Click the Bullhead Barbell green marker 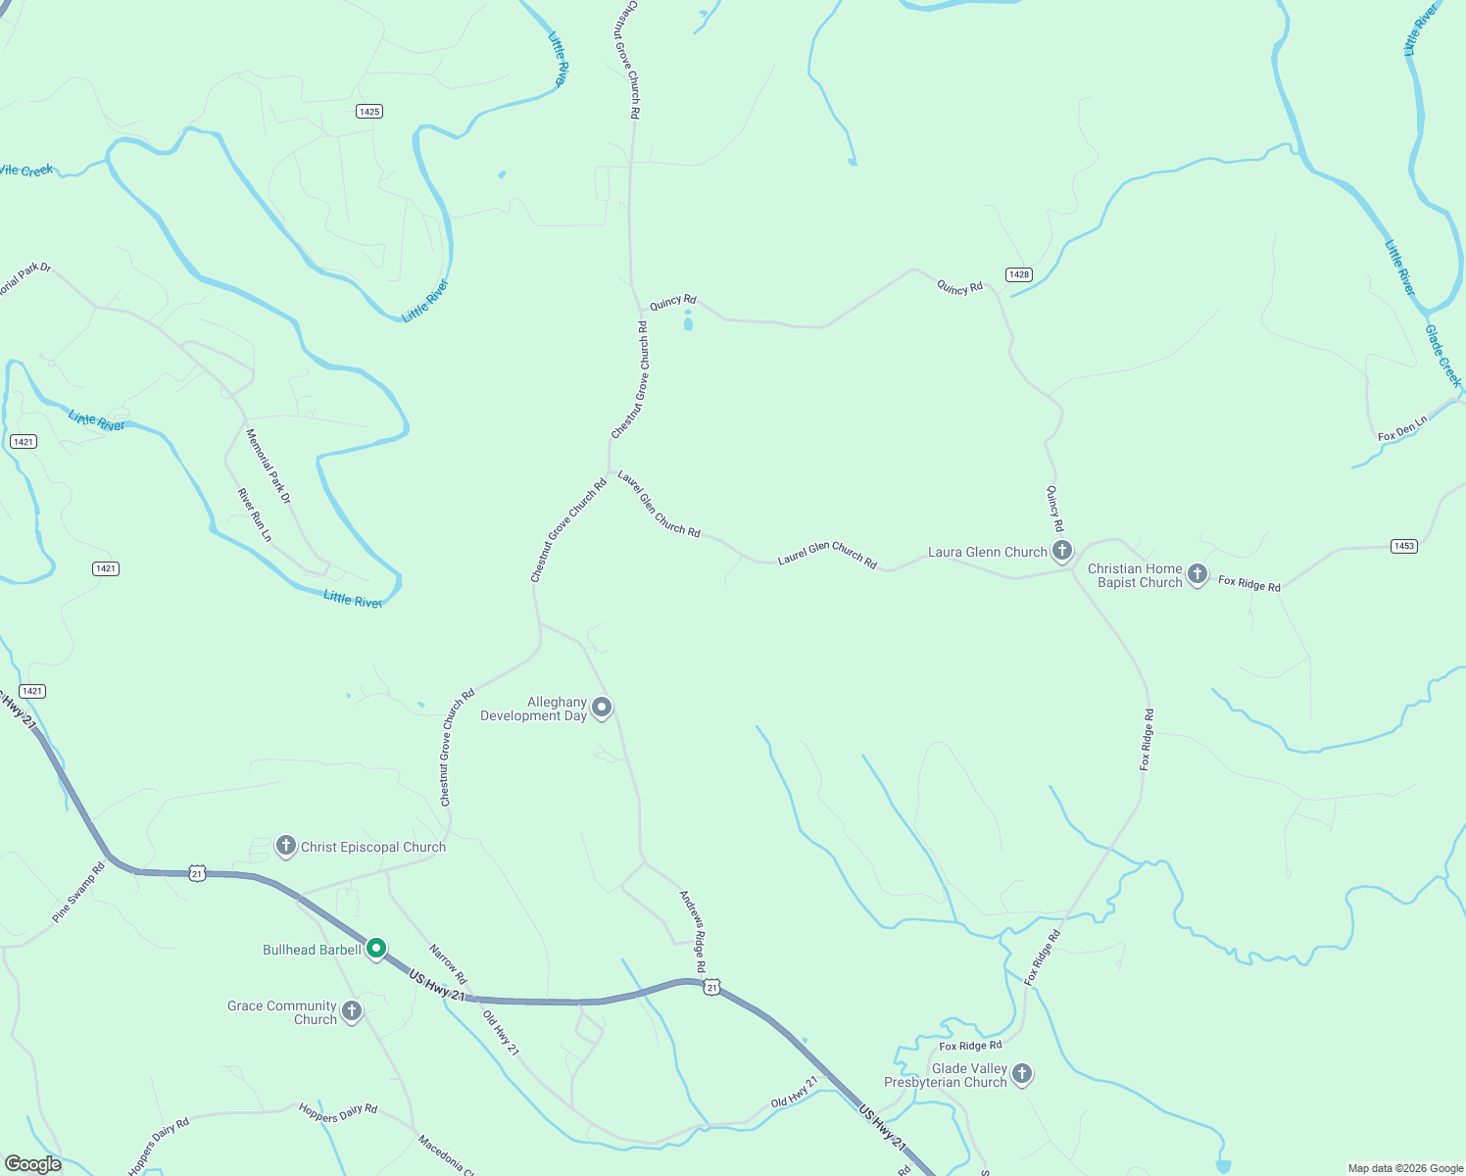376,949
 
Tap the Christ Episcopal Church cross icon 286,846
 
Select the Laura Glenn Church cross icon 1062,551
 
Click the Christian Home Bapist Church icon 1197,574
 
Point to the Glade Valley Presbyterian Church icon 1022,1074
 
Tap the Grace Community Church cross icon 352,1011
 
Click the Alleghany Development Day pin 602,708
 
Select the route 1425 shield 369,112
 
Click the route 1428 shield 1019,274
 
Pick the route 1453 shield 1404,546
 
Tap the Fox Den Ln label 1402,428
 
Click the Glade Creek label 1442,356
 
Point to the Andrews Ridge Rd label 693,931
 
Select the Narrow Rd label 448,964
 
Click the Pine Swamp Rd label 78,893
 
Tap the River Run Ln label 255,514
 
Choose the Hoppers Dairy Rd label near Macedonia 338,1112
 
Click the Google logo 33,1164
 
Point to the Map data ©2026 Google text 1405,1168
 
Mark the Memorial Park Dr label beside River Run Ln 269,466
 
